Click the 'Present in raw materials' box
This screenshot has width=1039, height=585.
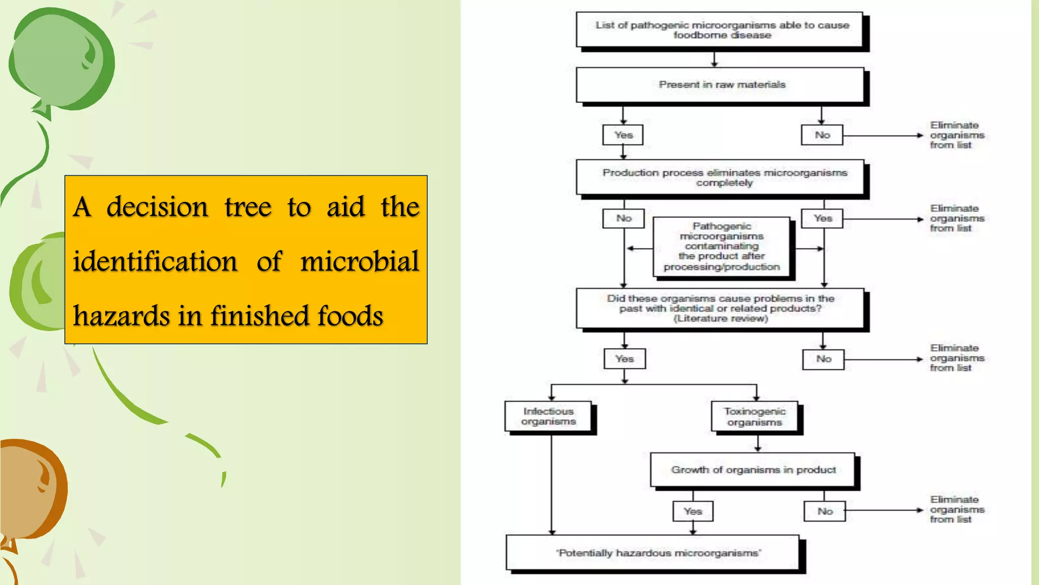[x=720, y=85]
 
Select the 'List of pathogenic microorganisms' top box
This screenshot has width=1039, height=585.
[x=720, y=29]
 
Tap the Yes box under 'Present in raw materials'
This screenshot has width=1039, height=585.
[x=623, y=135]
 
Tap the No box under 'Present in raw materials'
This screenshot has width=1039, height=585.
[x=822, y=135]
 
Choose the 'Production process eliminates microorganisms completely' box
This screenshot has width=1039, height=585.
[x=720, y=177]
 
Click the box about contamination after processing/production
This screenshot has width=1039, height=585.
[x=721, y=247]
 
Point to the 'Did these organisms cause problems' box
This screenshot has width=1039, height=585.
[x=720, y=308]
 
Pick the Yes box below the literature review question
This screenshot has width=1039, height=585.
[x=625, y=359]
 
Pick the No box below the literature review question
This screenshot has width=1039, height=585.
[x=823, y=359]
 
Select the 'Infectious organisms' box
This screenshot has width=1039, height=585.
[x=548, y=416]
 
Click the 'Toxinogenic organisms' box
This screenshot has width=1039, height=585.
[x=754, y=417]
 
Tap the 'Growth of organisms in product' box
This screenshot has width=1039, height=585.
[x=753, y=470]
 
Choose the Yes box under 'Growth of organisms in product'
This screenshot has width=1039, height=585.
[x=692, y=511]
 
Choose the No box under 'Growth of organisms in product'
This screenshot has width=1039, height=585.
[x=825, y=511]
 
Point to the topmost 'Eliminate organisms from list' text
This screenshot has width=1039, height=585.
[x=956, y=135]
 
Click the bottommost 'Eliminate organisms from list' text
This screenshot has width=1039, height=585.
[x=956, y=509]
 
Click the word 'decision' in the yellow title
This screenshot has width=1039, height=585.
[x=157, y=207]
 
